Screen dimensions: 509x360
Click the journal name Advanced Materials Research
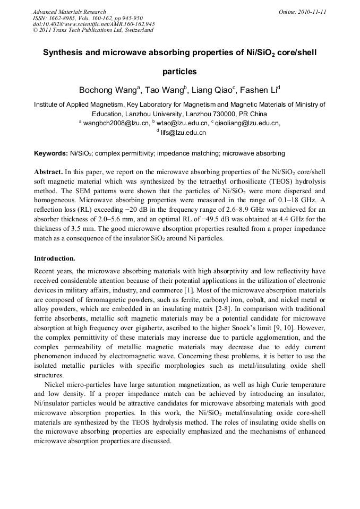click(x=69, y=12)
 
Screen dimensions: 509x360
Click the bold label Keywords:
click(x=51, y=153)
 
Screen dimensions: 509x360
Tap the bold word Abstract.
click(x=49, y=172)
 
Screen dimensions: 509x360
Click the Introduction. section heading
click(x=55, y=258)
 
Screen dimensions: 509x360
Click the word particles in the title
click(x=179, y=71)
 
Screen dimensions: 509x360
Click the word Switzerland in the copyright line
click(x=136, y=30)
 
